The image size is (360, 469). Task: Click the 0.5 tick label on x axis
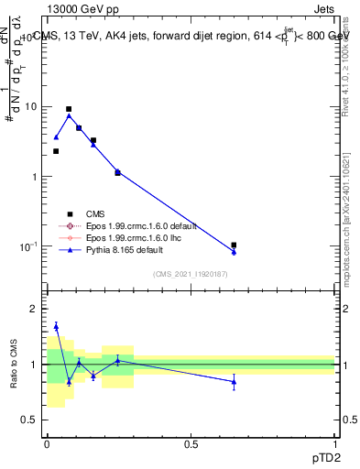pos(191,444)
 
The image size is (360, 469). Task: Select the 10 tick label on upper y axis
pos(29,106)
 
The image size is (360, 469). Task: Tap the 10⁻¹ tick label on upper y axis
pos(27,246)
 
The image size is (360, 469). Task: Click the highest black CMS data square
pos(69,109)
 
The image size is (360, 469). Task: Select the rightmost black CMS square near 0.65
pos(234,245)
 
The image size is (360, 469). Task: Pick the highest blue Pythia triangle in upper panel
pos(69,115)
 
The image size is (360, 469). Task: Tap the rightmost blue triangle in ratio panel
pos(234,381)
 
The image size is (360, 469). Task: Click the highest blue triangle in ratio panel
pos(56,325)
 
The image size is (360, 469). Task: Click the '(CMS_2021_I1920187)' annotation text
pos(190,274)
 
